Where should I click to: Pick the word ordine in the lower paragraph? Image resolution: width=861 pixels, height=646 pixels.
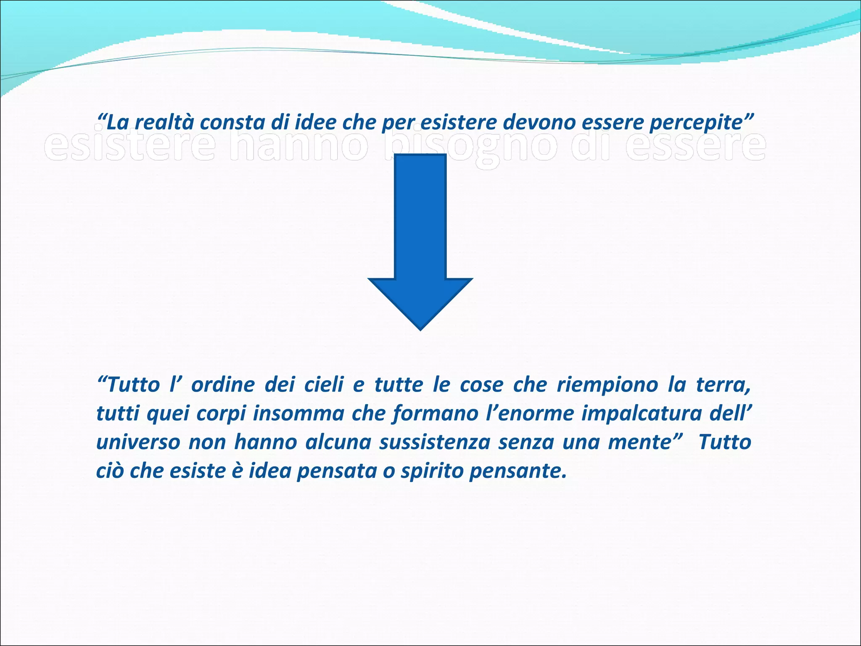point(223,385)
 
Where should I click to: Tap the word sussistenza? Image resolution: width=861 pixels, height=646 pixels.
point(435,442)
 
